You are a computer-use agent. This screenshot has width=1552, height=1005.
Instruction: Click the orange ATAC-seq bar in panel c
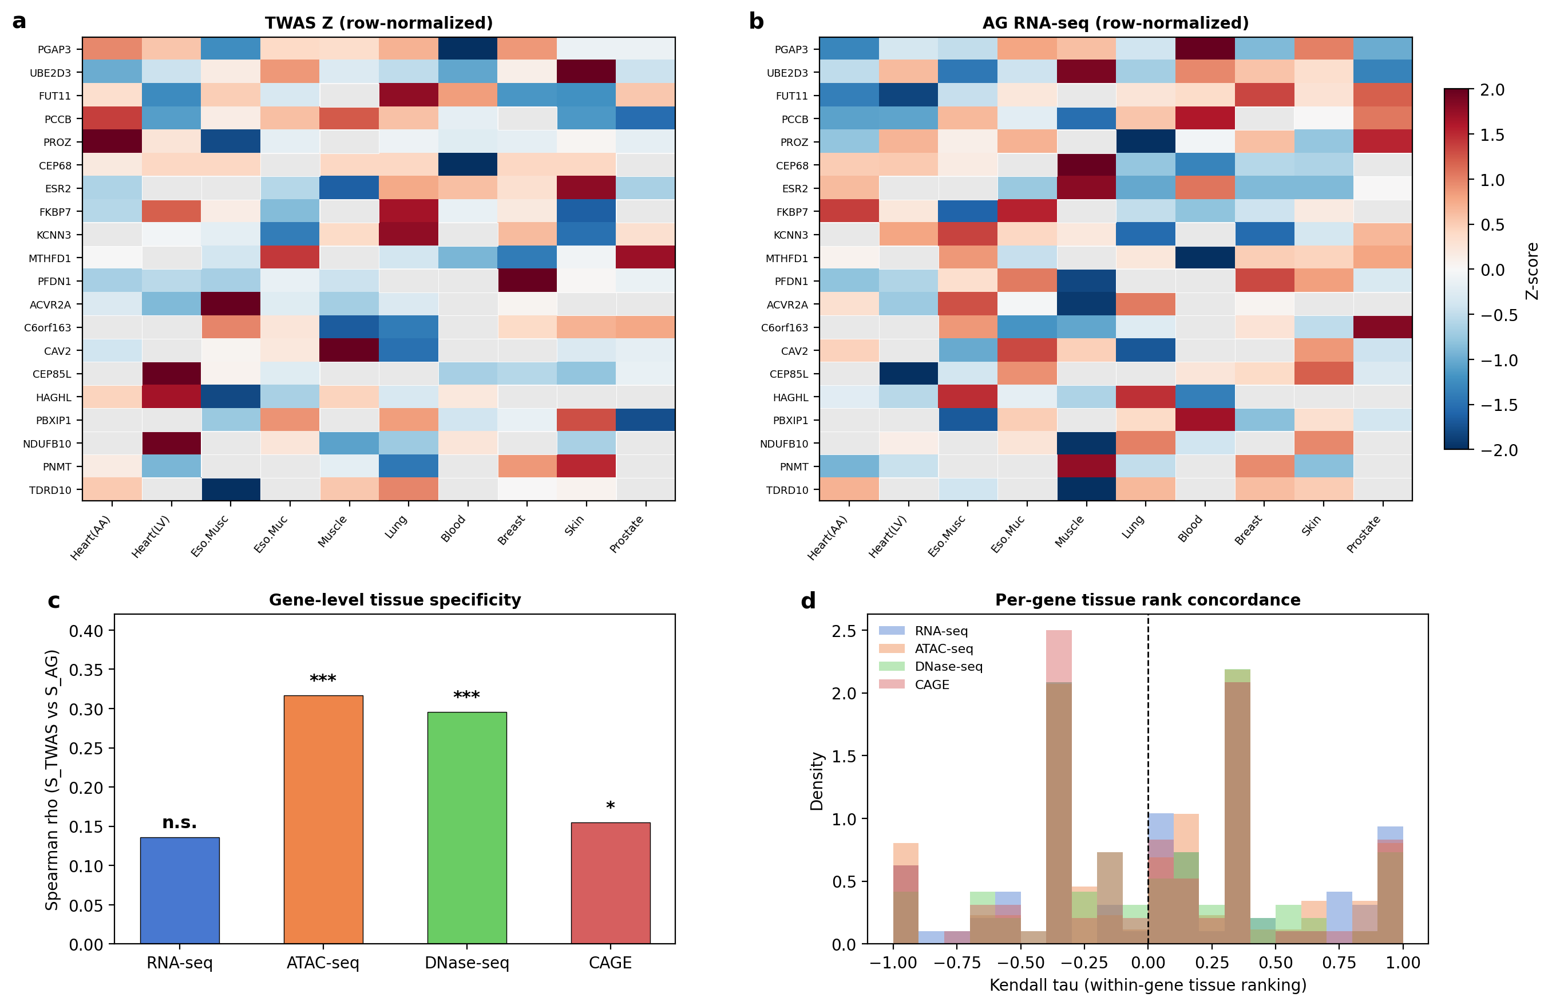click(323, 819)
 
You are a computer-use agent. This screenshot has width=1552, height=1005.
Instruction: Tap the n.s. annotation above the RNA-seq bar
click(179, 822)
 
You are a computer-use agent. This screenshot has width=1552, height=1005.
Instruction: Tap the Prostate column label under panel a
click(627, 533)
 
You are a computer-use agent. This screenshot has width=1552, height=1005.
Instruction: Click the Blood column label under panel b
click(1191, 528)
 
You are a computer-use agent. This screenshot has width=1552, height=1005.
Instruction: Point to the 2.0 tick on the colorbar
click(1492, 90)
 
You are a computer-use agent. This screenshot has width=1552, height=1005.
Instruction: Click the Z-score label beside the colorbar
click(1532, 271)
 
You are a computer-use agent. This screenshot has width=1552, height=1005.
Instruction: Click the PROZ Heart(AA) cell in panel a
click(112, 142)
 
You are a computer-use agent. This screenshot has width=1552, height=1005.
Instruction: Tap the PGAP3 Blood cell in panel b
click(1205, 49)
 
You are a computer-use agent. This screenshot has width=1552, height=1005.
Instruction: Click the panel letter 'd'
click(808, 600)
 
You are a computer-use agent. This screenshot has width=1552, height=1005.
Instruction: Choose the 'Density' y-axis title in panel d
click(817, 781)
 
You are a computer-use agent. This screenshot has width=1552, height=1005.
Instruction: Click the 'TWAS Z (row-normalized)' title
click(378, 23)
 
